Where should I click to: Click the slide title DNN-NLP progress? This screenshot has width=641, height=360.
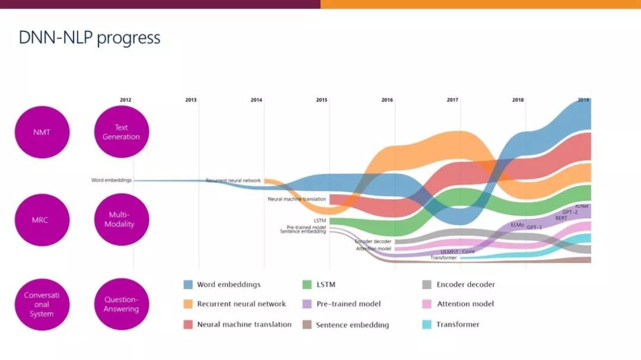tap(89, 38)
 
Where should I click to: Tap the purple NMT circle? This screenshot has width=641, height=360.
tap(42, 132)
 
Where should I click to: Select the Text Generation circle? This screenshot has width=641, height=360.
tap(121, 132)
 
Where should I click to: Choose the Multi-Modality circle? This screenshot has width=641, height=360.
tap(121, 219)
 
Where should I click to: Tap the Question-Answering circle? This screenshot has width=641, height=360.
tap(121, 304)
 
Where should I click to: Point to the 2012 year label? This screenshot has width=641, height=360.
tap(125, 100)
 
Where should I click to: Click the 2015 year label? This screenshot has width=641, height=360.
tap(322, 100)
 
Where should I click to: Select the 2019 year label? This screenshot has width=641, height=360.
tap(583, 100)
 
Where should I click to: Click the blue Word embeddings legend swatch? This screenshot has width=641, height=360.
tap(188, 285)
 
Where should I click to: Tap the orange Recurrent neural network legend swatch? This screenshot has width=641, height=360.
tap(188, 304)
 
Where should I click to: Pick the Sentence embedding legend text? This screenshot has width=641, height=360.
tap(353, 325)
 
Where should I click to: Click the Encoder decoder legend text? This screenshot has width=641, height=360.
tap(465, 285)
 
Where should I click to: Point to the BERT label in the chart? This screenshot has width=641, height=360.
tap(561, 218)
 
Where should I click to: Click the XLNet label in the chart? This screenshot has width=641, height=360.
tap(582, 206)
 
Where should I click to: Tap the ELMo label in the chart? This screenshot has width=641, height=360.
tap(517, 225)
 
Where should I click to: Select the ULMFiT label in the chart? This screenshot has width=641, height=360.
tap(448, 252)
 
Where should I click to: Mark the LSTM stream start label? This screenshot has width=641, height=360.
tap(320, 221)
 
